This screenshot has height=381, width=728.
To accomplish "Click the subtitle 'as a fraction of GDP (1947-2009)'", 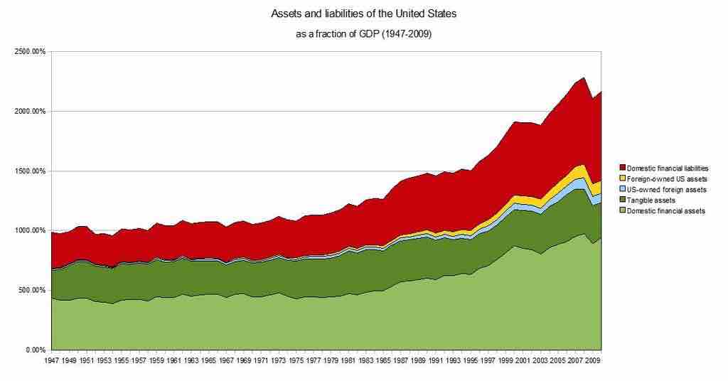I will pos(363,33).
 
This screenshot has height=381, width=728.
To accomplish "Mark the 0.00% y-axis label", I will pos(34,350).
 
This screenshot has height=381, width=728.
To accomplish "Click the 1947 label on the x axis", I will pos(52,361).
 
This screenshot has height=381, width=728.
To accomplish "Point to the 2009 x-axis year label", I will pos(592,361).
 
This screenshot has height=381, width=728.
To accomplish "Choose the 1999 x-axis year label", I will pos(505,361).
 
